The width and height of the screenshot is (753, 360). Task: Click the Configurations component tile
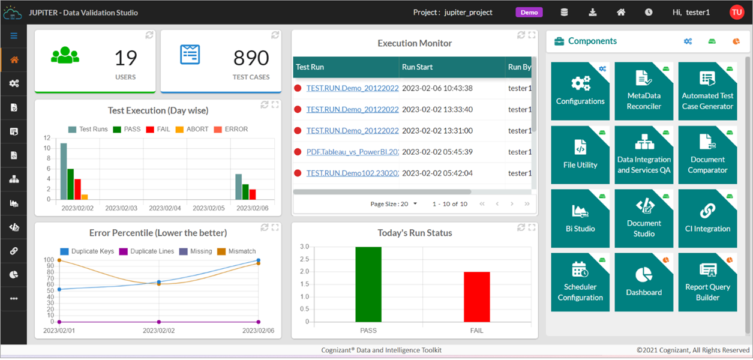580,91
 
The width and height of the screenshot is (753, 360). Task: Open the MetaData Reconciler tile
644,91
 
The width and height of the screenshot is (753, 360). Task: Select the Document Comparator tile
707,154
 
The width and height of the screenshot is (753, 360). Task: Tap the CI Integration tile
707,218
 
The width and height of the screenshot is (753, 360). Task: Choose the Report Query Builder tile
707,281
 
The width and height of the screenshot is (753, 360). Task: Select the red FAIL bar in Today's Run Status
477,296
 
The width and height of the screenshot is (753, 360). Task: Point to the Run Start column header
418,67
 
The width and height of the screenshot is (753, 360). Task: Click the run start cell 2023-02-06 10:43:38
437,88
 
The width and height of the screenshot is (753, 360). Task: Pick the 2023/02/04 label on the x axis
165,208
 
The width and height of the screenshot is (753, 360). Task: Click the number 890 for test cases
251,58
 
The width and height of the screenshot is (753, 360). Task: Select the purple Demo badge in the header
529,12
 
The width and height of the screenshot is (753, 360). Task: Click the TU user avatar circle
736,12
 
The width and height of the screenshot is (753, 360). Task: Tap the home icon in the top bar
621,12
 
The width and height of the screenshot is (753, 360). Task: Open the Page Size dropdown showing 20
394,204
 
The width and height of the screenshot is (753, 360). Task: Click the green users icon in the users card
65,55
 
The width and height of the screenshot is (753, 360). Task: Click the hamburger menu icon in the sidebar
14,36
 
